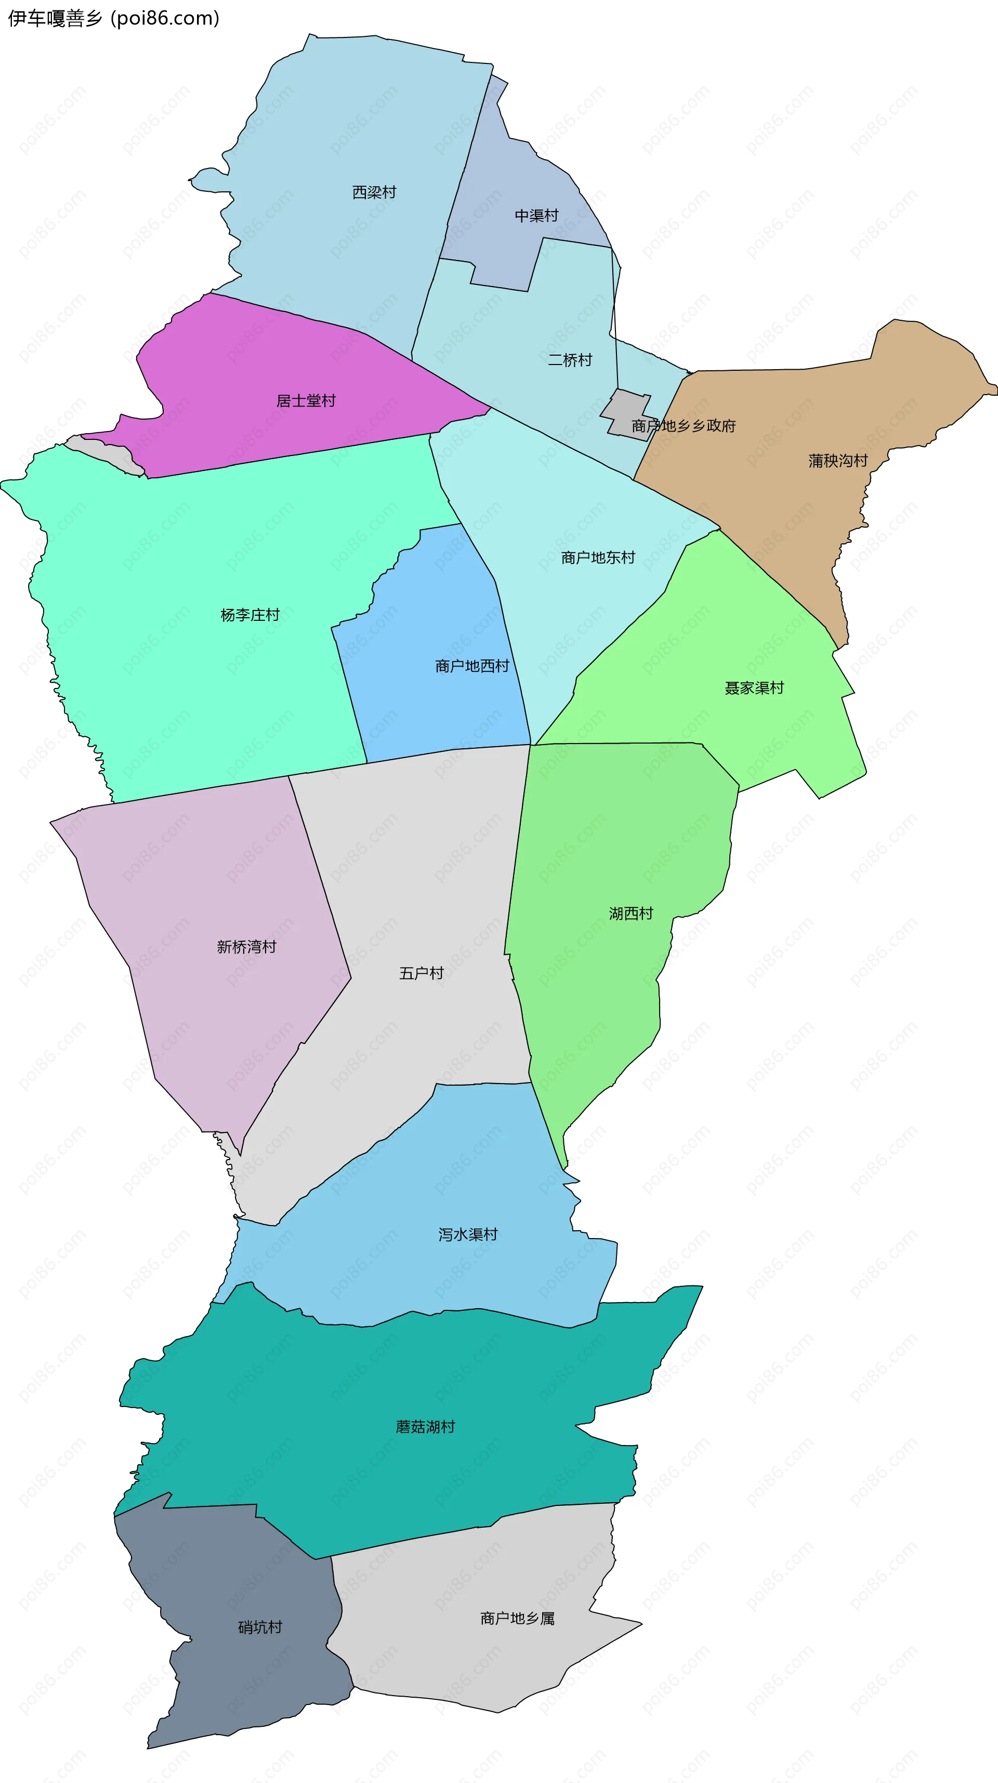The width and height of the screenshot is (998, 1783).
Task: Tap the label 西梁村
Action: click(374, 192)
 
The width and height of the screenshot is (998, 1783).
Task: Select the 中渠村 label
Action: click(536, 216)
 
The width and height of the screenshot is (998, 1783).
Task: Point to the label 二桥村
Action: click(570, 360)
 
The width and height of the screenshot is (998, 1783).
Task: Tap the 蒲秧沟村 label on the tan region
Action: click(837, 460)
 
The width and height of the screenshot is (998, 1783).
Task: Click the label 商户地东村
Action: click(598, 557)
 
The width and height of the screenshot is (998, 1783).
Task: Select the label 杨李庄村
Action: click(250, 615)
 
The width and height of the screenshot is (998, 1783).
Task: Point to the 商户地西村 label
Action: click(472, 666)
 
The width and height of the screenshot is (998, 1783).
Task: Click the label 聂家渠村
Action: click(754, 688)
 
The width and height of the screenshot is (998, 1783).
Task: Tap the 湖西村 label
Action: click(631, 914)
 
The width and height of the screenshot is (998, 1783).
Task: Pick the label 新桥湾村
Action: click(246, 947)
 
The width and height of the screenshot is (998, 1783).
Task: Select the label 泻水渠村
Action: click(468, 1234)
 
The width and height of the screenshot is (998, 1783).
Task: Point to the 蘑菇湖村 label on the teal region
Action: click(425, 1426)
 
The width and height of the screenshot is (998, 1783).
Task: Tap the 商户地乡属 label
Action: click(517, 1618)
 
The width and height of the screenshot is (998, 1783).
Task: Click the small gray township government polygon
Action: click(625, 408)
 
